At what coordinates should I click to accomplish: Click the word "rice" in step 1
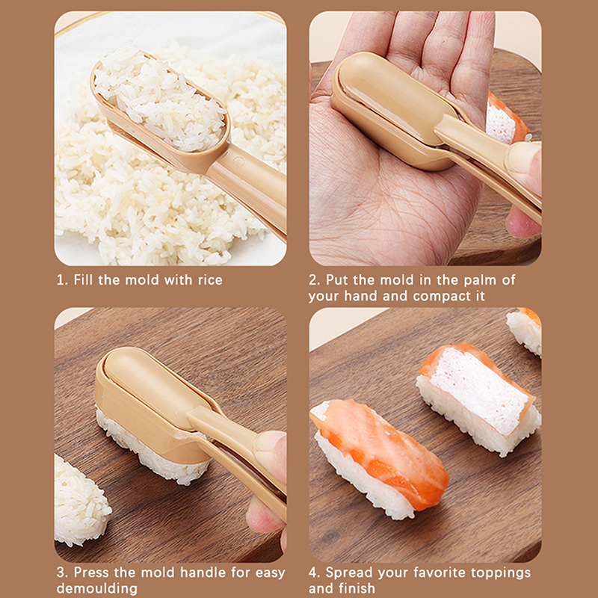point(210,280)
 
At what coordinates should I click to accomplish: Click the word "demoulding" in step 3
point(97,588)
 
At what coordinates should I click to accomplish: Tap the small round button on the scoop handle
point(238,161)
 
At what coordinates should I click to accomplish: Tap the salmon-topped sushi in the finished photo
point(380,457)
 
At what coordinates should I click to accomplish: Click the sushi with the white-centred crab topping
point(478,398)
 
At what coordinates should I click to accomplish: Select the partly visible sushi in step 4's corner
point(525,330)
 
